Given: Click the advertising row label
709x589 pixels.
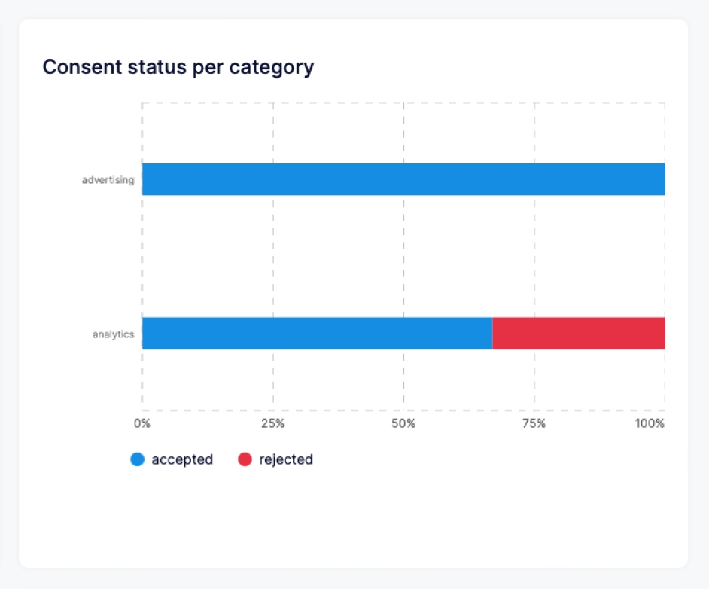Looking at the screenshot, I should [x=108, y=180].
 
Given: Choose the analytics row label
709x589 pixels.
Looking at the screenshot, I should [x=113, y=334].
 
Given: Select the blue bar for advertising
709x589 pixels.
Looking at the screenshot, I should [x=403, y=179].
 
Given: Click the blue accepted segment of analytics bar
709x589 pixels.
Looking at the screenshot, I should [x=317, y=333].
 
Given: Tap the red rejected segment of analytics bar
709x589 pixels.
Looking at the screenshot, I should [x=578, y=333].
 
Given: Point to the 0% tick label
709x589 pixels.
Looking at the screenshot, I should [x=142, y=423].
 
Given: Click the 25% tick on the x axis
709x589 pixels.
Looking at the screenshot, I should [x=272, y=423].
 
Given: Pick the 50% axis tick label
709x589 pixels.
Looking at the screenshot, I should [x=403, y=423].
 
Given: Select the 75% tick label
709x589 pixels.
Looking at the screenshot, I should [x=534, y=423].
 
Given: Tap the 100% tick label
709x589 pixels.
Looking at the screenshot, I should [x=650, y=423].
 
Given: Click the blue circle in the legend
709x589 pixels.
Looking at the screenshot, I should [x=137, y=459].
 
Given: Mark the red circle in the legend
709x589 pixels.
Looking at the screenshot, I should [x=245, y=459].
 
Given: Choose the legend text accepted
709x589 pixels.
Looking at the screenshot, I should [x=182, y=459].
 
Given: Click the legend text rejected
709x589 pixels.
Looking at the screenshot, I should [x=286, y=459].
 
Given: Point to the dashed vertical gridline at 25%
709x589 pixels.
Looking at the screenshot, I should [x=273, y=256].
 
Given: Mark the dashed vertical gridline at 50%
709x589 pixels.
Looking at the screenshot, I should [x=404, y=256].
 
